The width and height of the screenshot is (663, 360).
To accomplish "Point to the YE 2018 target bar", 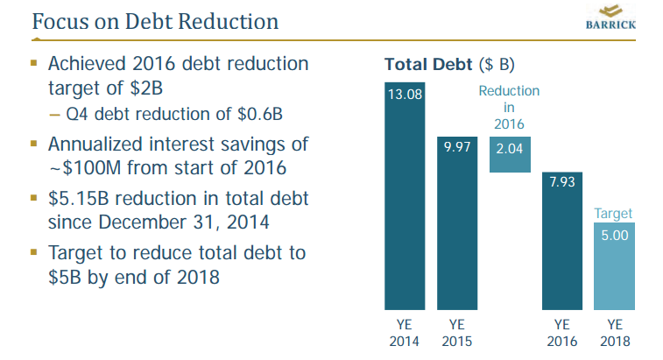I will tap(614, 267).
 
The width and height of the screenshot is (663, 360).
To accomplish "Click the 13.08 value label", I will tap(406, 94).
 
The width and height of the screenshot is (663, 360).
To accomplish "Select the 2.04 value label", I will tap(509, 148).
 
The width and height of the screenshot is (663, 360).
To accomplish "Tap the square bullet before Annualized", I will tap(33, 141).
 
